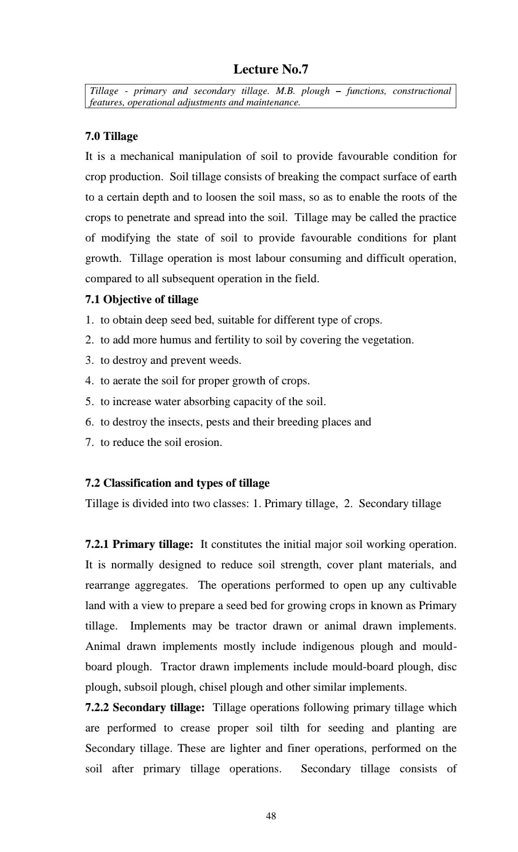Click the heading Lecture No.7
pos(271,70)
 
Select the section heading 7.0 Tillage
pos(112,137)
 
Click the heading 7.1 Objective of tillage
pos(142,300)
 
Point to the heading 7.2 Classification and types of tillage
pos(177,483)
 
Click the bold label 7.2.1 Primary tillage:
pos(139,544)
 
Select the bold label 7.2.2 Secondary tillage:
pos(145,707)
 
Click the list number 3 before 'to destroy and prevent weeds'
pos(89,361)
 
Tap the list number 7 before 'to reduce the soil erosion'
pos(89,442)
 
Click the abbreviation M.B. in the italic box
pos(285,91)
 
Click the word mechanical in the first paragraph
pos(147,157)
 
